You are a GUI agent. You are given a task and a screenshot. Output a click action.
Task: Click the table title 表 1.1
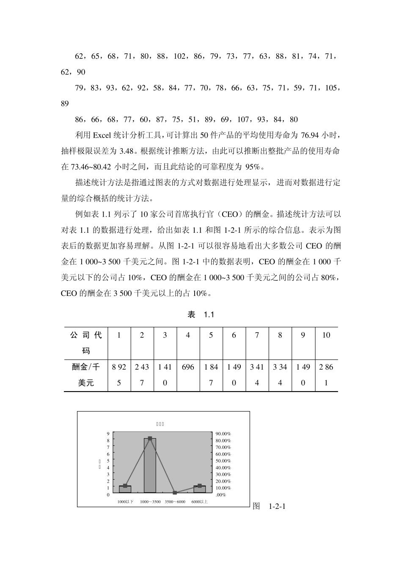click(x=201, y=315)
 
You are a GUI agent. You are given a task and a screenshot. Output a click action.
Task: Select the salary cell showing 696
click(x=188, y=367)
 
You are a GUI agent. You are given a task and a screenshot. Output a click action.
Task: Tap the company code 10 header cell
click(x=326, y=335)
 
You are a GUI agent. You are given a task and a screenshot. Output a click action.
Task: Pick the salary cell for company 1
click(x=119, y=375)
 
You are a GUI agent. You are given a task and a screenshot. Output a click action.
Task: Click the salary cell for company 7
click(x=257, y=375)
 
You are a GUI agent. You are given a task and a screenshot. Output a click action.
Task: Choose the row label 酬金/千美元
click(x=86, y=375)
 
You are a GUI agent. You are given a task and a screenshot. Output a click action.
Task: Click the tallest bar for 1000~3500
click(x=150, y=465)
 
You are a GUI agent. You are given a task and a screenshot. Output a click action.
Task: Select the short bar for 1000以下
click(x=125, y=489)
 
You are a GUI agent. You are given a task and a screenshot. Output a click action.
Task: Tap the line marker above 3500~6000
click(x=175, y=493)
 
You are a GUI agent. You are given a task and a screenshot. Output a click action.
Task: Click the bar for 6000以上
click(x=200, y=489)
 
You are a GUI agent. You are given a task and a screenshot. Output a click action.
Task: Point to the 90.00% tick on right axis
click(x=223, y=434)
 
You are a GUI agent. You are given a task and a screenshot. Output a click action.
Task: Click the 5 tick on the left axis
click(x=108, y=461)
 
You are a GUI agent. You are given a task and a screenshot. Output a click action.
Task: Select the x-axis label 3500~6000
click(x=175, y=502)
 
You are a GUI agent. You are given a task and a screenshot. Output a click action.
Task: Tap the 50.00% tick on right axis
click(x=223, y=461)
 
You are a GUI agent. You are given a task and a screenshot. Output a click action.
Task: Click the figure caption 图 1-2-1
click(x=269, y=506)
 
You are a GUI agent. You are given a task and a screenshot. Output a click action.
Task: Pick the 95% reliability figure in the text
click(x=255, y=166)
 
